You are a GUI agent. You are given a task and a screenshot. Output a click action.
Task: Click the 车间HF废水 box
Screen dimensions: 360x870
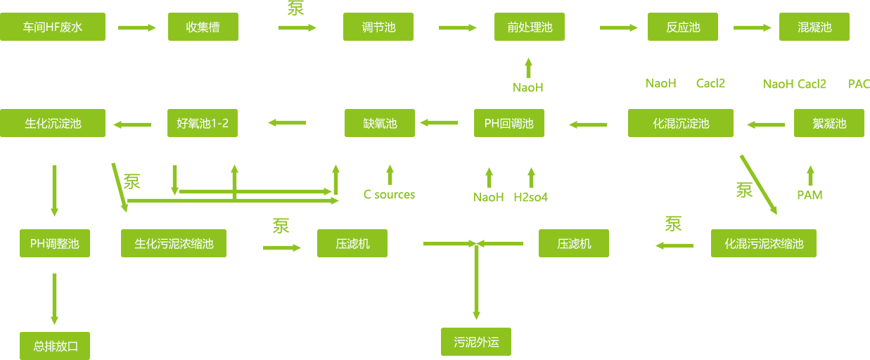point(53,27)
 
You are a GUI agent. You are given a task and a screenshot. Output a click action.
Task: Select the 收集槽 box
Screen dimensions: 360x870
point(203,27)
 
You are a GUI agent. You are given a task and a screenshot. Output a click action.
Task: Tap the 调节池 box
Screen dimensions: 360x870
point(378,27)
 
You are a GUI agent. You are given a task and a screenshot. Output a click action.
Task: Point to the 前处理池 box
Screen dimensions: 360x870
point(529,27)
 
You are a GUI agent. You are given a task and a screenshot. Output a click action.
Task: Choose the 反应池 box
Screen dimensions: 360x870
point(682,27)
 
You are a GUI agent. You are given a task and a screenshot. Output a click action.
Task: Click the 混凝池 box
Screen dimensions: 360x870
point(814,27)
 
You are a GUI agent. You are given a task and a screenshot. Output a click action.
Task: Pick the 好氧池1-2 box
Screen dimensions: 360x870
point(202,123)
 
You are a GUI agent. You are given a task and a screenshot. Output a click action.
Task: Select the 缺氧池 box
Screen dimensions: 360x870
point(379,123)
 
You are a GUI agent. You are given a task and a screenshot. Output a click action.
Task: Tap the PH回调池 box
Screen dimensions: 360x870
point(508,123)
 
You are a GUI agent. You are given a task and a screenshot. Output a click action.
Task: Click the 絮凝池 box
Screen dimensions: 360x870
point(829,123)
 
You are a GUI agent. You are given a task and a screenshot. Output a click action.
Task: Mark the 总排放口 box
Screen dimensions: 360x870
point(55,346)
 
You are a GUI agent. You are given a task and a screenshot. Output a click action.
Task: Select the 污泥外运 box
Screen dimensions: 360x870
point(476,342)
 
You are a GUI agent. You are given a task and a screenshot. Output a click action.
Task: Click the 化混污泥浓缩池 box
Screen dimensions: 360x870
point(763,244)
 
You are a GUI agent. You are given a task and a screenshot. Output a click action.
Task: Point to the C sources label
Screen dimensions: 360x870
point(389,195)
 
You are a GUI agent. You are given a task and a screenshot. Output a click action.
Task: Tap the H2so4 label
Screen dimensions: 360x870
point(530,198)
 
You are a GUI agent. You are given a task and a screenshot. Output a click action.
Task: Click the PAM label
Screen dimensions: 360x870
point(810,195)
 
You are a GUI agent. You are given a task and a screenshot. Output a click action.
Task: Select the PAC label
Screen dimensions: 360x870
point(859,84)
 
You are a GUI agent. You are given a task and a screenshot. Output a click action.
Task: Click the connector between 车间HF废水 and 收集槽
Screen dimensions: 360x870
point(136,27)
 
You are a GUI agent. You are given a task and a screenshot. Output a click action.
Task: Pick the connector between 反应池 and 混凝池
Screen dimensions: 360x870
point(752,27)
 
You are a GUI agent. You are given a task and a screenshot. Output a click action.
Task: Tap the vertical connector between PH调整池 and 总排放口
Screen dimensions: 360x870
point(54,299)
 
